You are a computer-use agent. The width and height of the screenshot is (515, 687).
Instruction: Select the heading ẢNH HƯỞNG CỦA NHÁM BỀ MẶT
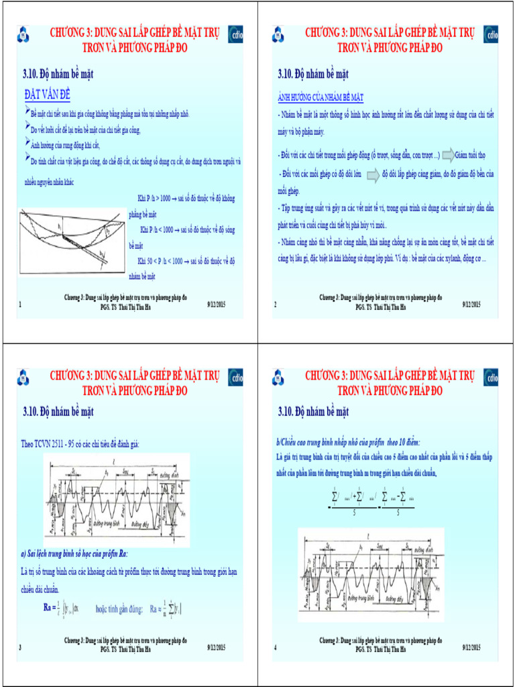321,97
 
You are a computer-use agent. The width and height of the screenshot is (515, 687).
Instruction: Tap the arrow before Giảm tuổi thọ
447,156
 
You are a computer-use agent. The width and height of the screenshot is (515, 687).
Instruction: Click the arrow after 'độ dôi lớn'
373,175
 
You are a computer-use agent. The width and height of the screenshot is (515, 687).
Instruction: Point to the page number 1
20,305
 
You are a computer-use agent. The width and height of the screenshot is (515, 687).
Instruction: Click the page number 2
275,305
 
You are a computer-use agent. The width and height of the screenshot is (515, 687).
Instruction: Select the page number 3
20,647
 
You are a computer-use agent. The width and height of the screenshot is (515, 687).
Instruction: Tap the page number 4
275,647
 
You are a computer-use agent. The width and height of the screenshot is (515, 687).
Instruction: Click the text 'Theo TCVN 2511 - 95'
54,443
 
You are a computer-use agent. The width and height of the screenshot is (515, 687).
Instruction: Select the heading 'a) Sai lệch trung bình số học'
74,553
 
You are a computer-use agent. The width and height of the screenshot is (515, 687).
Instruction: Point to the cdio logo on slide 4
491,378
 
